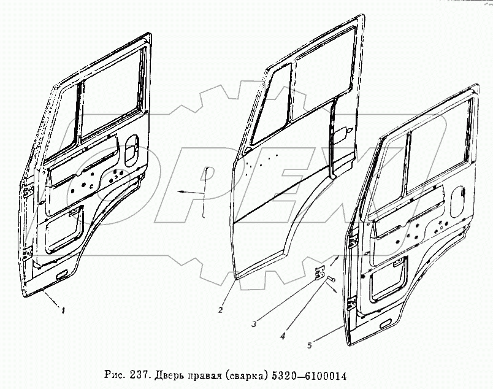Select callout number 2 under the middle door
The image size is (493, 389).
click(220, 310)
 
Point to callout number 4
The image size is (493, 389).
click(282, 336)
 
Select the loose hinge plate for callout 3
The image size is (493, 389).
click(319, 271)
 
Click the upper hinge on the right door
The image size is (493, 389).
click(353, 244)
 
